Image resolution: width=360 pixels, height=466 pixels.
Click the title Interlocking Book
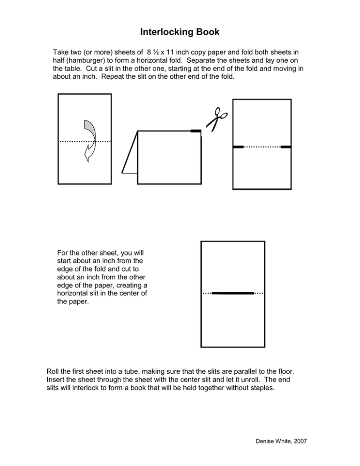point(180,33)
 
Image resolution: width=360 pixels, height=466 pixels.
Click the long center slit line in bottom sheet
point(232,293)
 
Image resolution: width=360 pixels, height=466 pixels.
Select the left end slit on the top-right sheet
point(239,147)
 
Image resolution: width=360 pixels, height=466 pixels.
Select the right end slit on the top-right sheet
point(285,147)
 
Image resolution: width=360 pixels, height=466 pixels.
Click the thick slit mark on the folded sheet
point(196,131)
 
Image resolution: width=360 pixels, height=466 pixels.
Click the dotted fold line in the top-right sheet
point(262,147)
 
